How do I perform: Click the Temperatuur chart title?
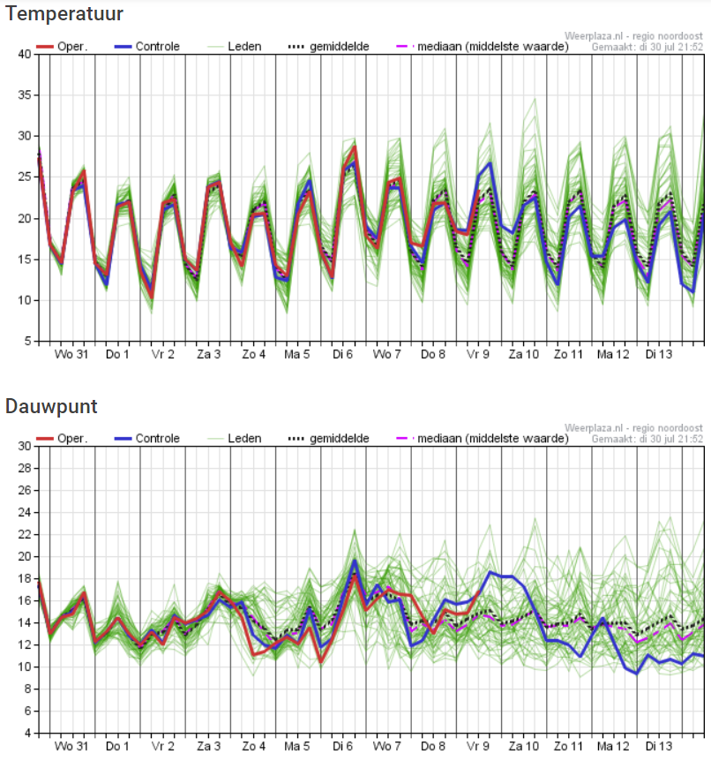click(64, 13)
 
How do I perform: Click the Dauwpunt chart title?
click(51, 406)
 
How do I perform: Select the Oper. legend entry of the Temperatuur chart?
click(62, 47)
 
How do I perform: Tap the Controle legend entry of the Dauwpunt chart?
click(147, 438)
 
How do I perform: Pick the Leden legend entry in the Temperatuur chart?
click(235, 47)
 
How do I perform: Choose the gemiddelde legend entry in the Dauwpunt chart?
click(329, 439)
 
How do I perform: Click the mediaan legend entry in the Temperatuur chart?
click(483, 47)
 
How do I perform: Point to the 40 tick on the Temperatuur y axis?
click(25, 54)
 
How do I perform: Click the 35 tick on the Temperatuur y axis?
click(25, 95)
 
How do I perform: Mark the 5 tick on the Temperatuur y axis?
click(28, 341)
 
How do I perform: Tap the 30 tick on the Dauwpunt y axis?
click(25, 446)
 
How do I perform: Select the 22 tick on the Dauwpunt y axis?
click(25, 534)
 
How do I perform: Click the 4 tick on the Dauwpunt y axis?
click(28, 733)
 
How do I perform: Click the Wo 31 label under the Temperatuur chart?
click(71, 354)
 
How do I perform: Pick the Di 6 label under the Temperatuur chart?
click(342, 354)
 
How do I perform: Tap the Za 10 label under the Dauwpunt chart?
click(523, 746)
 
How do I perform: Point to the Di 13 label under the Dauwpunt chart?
click(659, 746)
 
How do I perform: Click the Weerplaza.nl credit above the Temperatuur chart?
click(633, 36)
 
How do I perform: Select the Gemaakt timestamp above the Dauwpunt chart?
click(647, 440)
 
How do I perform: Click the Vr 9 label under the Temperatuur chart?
click(478, 354)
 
